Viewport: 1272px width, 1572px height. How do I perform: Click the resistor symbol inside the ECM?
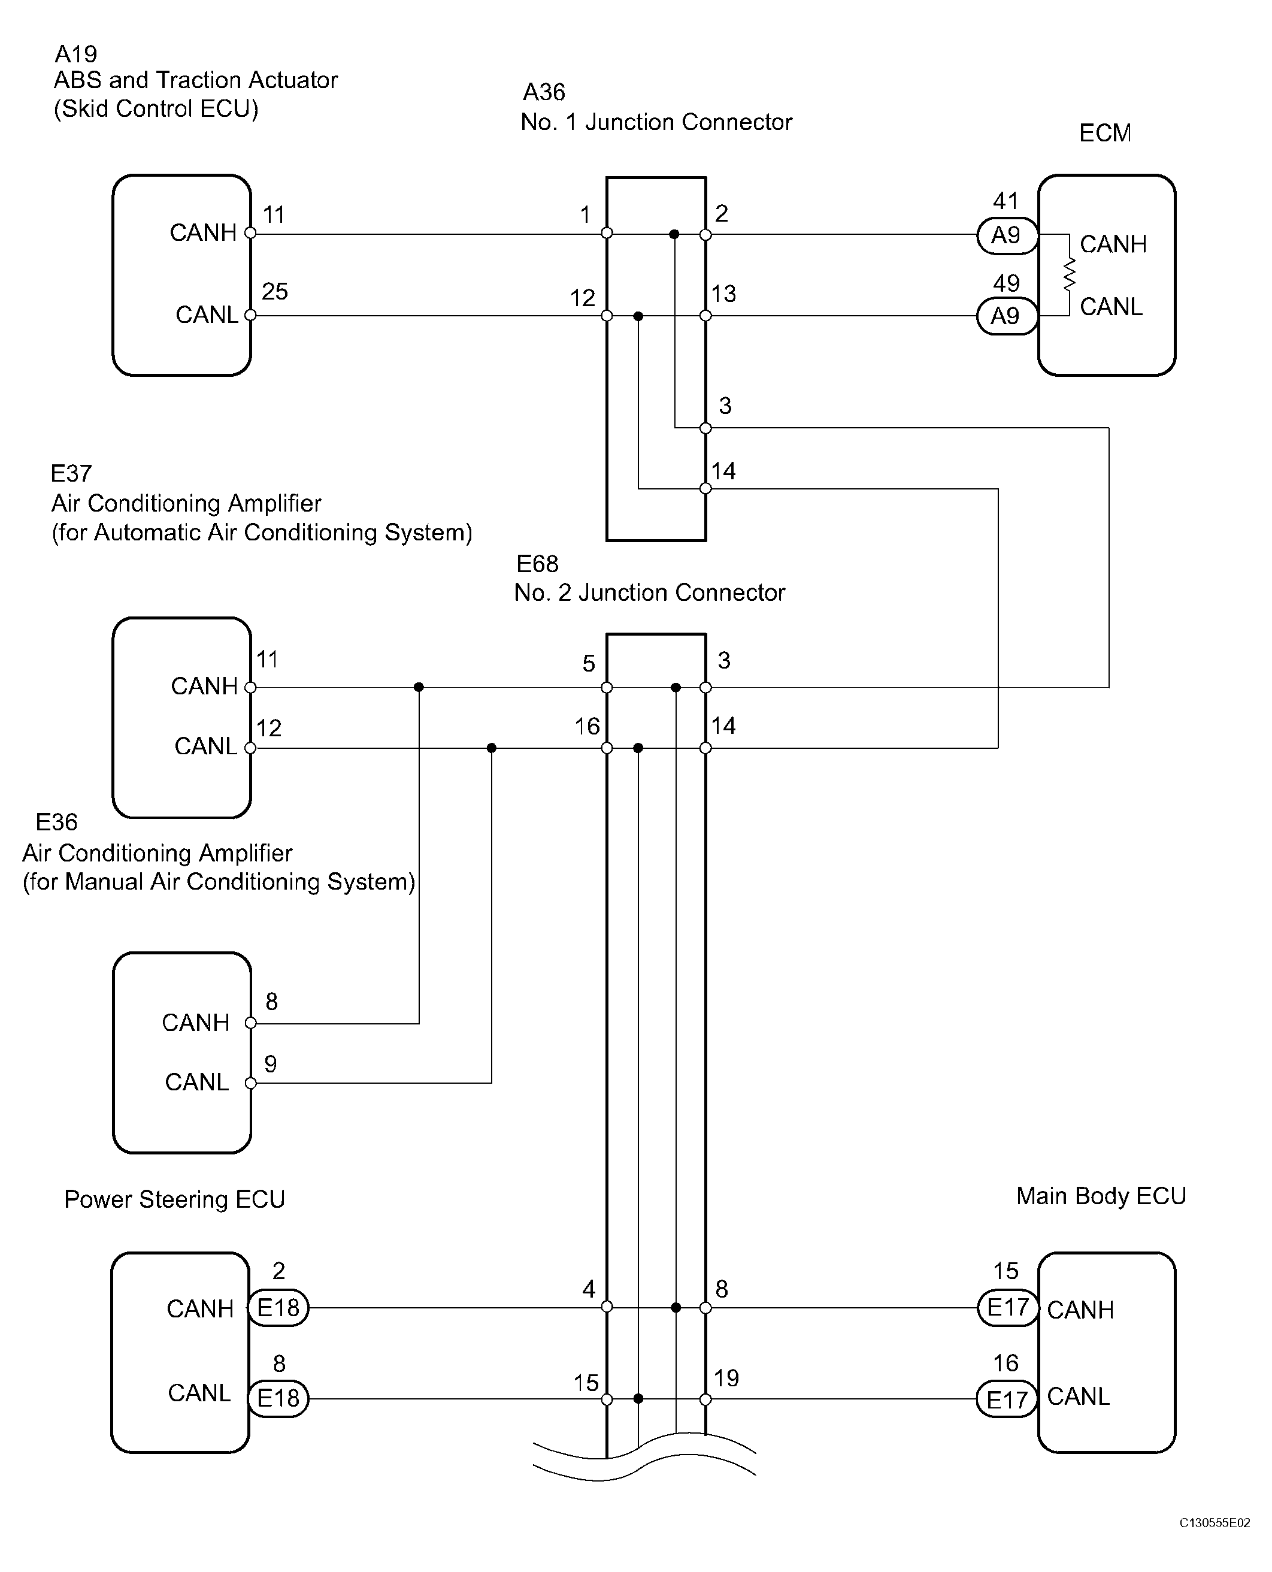pos(1070,275)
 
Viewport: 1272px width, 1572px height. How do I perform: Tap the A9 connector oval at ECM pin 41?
pos(1007,235)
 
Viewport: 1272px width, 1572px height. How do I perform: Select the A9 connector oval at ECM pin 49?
pos(1007,316)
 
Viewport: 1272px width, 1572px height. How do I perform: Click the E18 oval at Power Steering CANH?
pos(278,1307)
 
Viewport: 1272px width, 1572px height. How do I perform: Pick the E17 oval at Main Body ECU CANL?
pos(1007,1398)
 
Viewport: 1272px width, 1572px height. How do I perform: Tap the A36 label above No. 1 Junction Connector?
pos(544,92)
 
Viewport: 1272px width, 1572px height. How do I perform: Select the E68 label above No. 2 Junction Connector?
pos(537,564)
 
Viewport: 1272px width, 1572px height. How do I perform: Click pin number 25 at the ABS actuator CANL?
pos(275,291)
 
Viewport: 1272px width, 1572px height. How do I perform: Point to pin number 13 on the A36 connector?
pos(723,294)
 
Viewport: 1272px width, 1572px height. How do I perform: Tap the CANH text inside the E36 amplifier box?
pos(196,1023)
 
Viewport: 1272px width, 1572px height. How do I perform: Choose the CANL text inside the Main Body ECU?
pos(1078,1396)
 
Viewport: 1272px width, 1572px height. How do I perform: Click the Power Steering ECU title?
pos(174,1199)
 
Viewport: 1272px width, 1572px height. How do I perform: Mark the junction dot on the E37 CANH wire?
pos(419,687)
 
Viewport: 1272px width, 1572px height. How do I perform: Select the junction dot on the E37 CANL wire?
pos(491,748)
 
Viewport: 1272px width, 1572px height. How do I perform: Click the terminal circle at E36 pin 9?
pos(250,1083)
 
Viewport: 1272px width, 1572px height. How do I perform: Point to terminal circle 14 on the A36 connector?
pos(705,488)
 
